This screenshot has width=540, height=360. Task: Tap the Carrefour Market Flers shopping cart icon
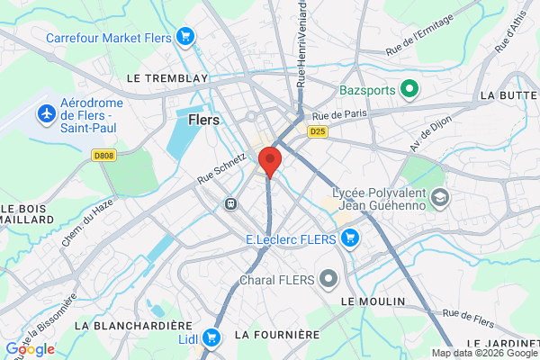(185, 37)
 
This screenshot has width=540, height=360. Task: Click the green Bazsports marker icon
(409, 89)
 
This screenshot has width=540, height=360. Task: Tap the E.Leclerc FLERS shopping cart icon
(349, 238)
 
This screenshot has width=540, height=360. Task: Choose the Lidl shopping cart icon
(211, 337)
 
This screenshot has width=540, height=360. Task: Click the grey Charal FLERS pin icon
(328, 279)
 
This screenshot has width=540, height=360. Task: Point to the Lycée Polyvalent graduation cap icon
(440, 196)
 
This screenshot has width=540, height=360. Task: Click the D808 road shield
(104, 155)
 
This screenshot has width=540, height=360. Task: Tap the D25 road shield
(317, 131)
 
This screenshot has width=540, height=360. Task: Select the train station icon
(231, 203)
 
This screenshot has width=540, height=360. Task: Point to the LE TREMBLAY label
(167, 78)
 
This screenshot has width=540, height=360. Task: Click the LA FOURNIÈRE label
(277, 334)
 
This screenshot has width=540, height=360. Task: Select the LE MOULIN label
(373, 300)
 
